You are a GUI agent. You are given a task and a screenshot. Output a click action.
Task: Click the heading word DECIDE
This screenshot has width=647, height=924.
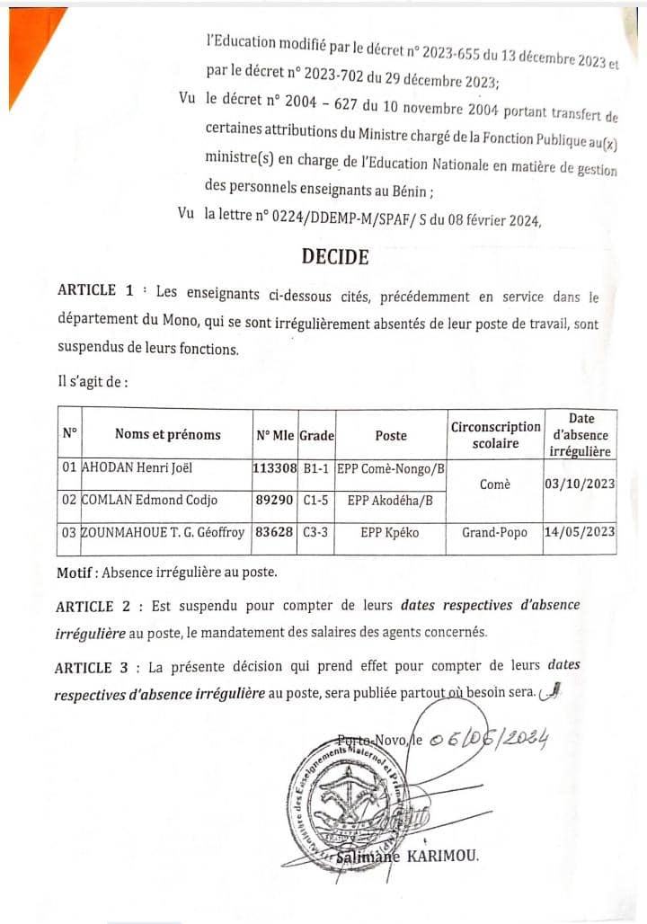coord(335,257)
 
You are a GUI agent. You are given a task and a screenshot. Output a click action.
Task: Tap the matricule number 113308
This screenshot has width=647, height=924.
coord(274,468)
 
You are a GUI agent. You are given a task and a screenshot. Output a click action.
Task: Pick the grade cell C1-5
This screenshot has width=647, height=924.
coord(315,501)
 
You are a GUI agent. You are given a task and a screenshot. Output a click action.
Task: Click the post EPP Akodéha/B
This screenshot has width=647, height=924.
coord(390,501)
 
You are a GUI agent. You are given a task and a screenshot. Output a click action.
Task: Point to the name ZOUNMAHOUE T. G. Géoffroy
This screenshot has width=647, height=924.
coord(162,532)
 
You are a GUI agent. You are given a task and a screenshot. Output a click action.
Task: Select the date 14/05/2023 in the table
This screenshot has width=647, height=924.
coord(580,532)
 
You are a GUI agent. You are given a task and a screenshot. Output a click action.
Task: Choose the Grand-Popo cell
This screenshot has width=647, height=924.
coord(495,532)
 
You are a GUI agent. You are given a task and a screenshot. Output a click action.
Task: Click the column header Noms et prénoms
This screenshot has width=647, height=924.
coord(167,434)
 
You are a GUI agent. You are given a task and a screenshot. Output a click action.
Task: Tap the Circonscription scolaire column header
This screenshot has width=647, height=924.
coord(495,434)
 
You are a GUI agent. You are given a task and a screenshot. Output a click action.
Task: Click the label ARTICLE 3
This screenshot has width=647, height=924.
coord(95,667)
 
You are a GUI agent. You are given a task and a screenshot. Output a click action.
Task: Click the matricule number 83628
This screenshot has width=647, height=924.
coord(274,532)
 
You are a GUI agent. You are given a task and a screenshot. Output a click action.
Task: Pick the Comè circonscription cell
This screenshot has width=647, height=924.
coord(495,484)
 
